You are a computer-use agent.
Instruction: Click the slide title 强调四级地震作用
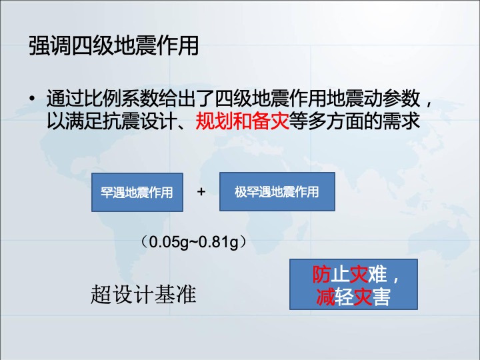[113, 46]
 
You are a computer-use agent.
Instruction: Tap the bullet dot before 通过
[33, 99]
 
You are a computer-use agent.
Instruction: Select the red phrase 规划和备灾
[243, 121]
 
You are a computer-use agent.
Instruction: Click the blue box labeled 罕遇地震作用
[137, 192]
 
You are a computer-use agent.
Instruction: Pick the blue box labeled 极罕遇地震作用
[277, 191]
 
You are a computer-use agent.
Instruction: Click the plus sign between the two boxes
[201, 192]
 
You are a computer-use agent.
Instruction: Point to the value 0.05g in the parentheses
[169, 242]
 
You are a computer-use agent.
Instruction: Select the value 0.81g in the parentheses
[218, 242]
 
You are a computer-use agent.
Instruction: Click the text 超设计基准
[143, 294]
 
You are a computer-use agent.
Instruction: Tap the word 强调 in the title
[50, 46]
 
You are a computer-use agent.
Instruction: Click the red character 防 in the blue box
[321, 274]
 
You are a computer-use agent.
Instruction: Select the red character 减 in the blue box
[325, 297]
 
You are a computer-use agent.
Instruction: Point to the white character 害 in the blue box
[381, 297]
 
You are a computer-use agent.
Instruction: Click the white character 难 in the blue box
[377, 274]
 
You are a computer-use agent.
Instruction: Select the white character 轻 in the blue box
[344, 297]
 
